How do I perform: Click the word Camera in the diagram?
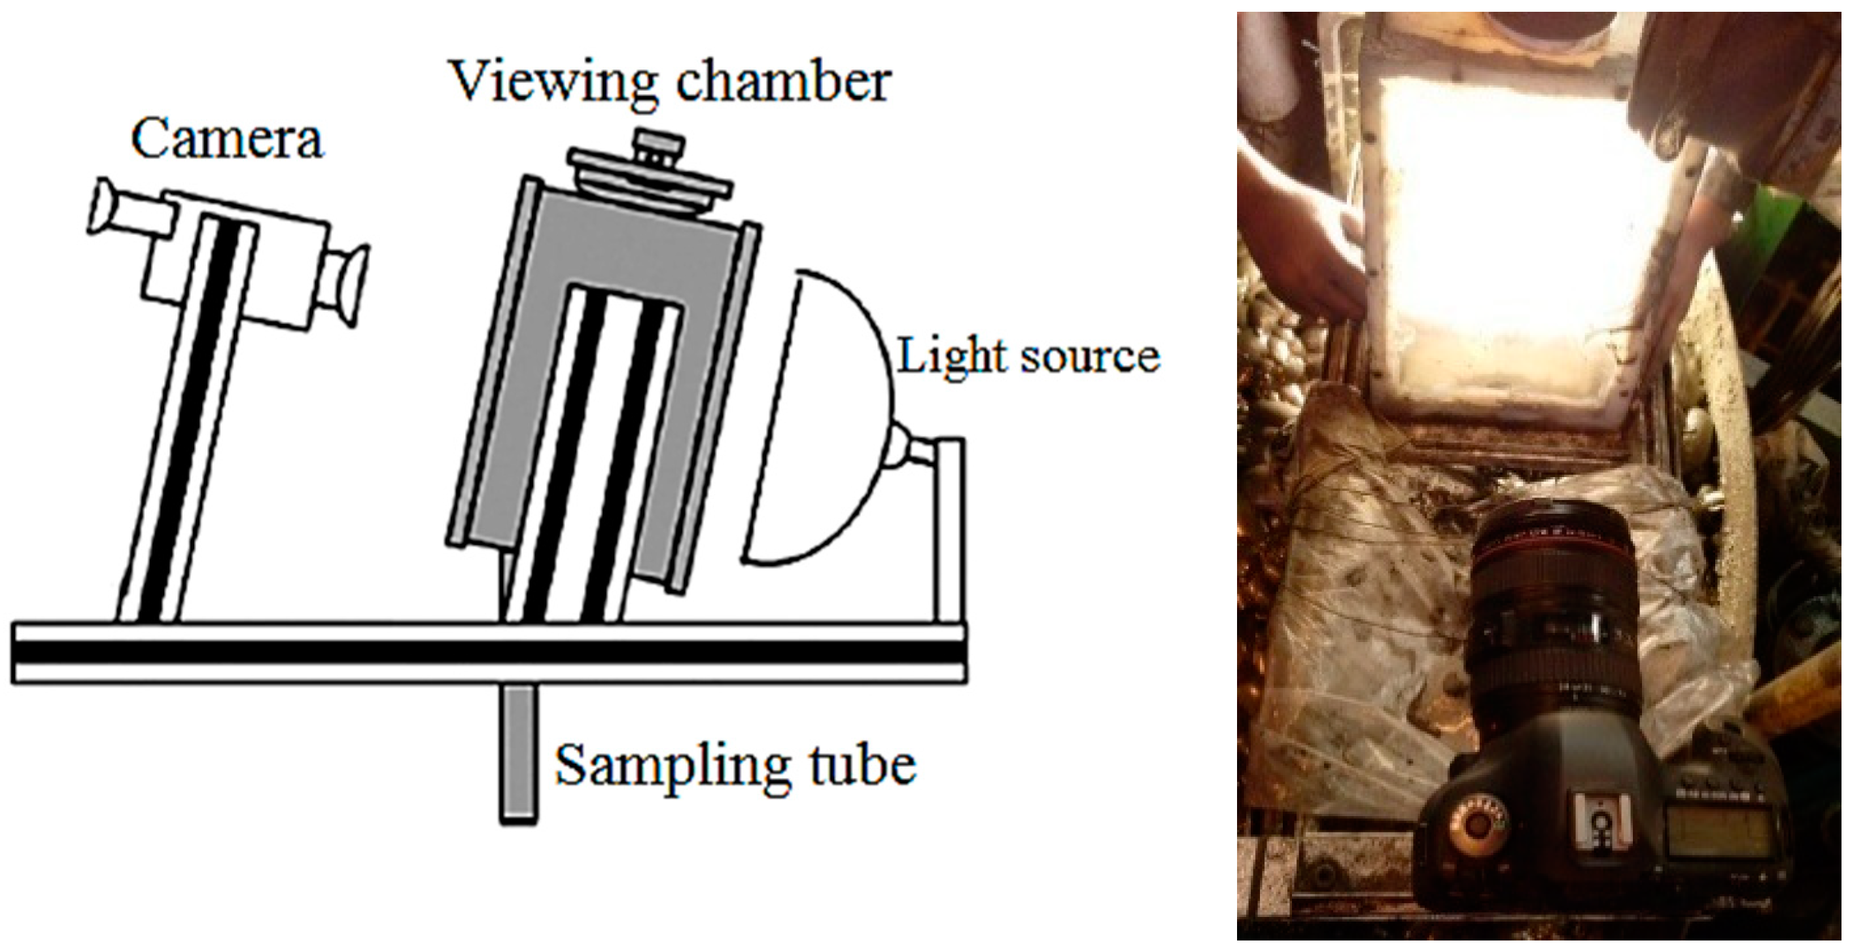tap(227, 139)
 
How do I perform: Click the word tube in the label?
tap(862, 766)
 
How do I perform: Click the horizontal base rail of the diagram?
tap(489, 653)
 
